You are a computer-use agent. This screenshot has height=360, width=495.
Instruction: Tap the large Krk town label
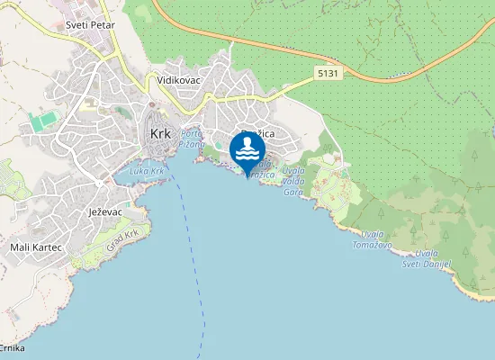point(160,133)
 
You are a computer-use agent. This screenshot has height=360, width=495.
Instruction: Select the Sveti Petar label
point(90,25)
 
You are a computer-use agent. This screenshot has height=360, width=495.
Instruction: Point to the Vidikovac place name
point(178,80)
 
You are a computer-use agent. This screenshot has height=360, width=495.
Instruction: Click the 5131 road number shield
point(328,73)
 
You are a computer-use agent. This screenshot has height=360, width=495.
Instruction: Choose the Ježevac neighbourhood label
point(105,211)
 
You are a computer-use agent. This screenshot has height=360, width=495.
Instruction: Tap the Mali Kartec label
point(35,247)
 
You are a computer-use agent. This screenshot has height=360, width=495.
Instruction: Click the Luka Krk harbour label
point(147,171)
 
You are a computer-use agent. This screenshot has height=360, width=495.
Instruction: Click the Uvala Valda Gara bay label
point(293,180)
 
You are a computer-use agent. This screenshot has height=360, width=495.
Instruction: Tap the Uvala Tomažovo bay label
point(372,238)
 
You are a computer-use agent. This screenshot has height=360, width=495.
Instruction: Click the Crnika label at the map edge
point(12,347)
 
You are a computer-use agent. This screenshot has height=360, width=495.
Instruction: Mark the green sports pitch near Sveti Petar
point(40,120)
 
